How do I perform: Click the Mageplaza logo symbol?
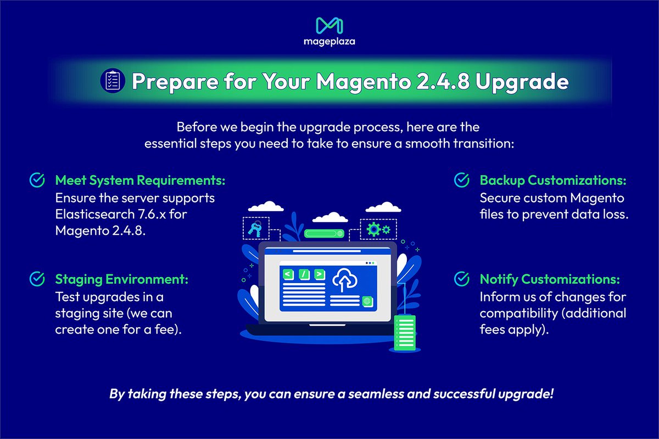(x=329, y=25)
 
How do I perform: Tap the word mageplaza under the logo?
(x=329, y=42)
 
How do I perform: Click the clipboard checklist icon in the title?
(x=111, y=81)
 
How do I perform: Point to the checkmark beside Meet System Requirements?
(x=37, y=181)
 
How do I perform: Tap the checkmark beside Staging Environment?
(x=37, y=279)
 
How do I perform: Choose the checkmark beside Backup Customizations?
(x=461, y=180)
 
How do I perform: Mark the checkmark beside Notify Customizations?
(x=461, y=279)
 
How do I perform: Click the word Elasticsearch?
(x=92, y=213)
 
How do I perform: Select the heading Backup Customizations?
(x=553, y=181)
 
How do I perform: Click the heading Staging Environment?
(x=121, y=279)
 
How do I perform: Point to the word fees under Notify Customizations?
(x=493, y=330)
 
